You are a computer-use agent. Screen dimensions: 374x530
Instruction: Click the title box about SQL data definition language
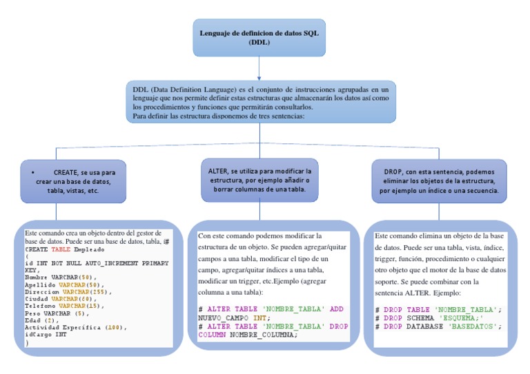click(259, 37)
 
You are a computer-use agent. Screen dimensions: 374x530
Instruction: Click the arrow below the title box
click(259, 67)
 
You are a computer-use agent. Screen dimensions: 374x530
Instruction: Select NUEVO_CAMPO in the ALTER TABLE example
click(222, 318)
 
